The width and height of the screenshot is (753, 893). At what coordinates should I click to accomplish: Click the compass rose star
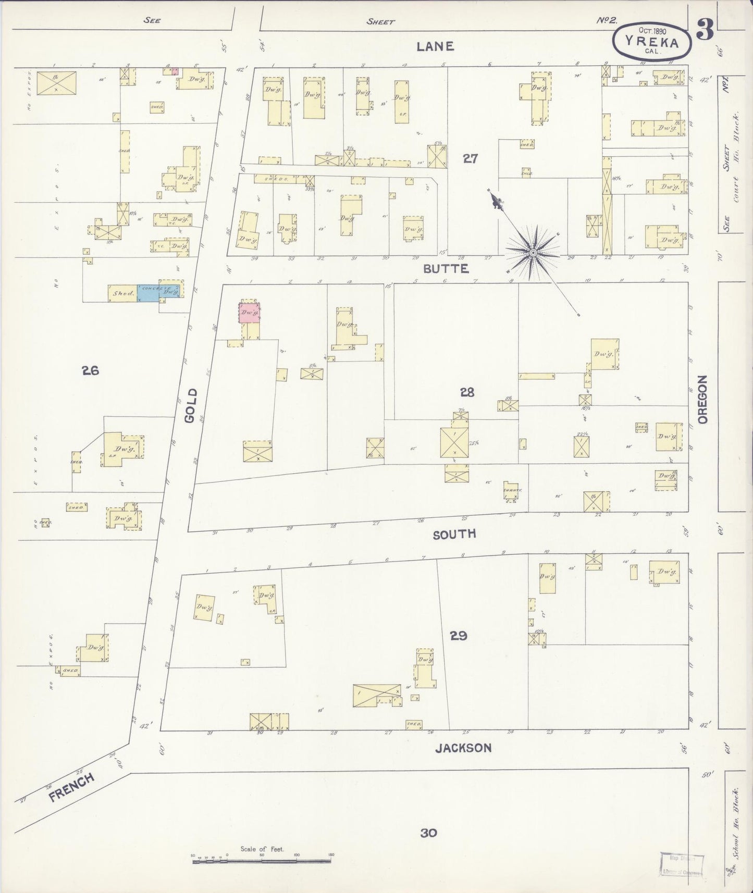[533, 253]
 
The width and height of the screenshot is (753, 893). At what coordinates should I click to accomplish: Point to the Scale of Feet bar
[262, 862]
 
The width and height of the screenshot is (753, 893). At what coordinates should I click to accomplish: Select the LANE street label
[435, 46]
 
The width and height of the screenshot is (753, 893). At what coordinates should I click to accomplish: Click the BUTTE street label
[446, 269]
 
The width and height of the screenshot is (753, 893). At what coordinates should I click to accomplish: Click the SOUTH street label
[454, 534]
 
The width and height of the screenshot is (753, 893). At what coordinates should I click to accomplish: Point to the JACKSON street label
[463, 748]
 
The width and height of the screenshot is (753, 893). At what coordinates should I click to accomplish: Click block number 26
[90, 371]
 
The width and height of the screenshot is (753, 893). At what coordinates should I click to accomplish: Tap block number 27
[470, 159]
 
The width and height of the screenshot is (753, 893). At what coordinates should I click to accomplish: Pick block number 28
[467, 392]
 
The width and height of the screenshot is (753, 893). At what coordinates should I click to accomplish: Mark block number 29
[459, 636]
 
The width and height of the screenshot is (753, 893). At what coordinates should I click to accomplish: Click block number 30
[428, 833]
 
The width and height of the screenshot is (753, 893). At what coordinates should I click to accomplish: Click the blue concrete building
[148, 292]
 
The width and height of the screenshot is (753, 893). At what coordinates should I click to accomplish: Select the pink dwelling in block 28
[250, 312]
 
